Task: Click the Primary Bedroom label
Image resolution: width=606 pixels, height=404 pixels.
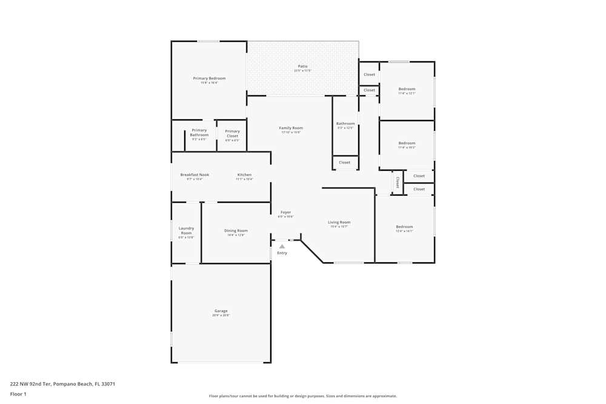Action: click(209, 78)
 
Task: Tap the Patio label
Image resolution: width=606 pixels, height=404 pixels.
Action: click(302, 66)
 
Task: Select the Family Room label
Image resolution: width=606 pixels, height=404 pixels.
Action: click(291, 128)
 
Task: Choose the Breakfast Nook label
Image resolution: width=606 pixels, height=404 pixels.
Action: click(195, 174)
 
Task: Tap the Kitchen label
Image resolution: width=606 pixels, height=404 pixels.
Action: click(244, 174)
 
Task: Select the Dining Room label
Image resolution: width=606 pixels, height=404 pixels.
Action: click(236, 230)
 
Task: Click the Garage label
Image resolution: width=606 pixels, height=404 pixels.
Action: click(221, 311)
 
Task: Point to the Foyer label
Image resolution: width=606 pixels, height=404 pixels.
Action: click(285, 212)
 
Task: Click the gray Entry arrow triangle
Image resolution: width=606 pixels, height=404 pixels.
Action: click(282, 247)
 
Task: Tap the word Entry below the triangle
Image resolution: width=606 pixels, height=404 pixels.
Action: click(282, 253)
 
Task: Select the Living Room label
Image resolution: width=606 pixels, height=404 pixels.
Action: click(339, 222)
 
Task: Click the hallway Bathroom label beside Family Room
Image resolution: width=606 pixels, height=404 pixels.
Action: click(345, 124)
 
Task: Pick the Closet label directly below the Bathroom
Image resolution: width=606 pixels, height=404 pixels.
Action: click(344, 162)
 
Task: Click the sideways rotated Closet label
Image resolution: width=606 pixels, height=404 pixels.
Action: click(398, 182)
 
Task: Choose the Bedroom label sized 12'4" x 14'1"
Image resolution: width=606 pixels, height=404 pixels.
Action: click(404, 227)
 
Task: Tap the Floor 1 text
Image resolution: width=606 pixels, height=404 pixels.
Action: click(18, 394)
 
